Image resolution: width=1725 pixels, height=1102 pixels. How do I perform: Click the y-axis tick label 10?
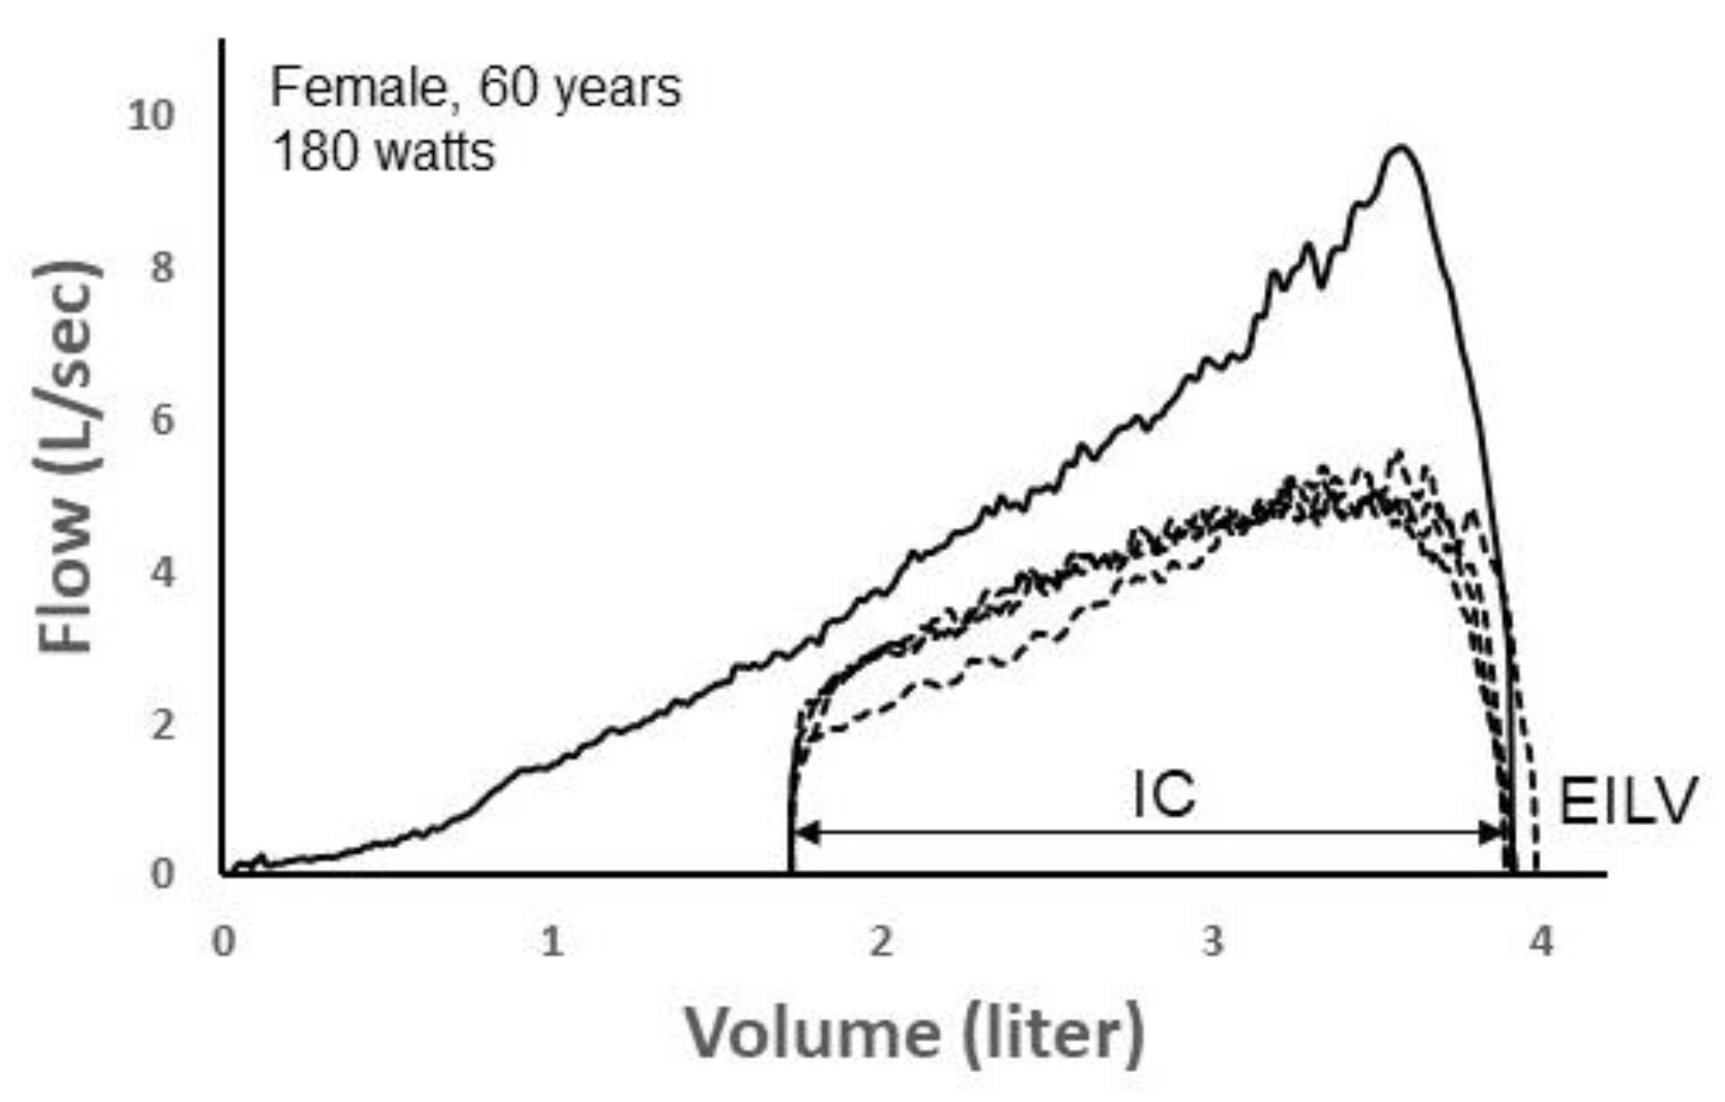tap(152, 115)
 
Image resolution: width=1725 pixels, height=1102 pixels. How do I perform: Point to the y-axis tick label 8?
tap(163, 267)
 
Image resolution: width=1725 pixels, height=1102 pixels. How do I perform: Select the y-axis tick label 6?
tap(163, 420)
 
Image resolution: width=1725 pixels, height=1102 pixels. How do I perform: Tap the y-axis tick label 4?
tap(163, 572)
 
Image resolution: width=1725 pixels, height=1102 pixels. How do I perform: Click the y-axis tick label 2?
tap(163, 724)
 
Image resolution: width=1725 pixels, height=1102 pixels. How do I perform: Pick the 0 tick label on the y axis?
tap(163, 874)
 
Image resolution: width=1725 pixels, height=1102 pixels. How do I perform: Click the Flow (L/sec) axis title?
tap(68, 458)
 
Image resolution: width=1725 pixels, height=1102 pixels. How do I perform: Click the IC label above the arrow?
tap(1164, 795)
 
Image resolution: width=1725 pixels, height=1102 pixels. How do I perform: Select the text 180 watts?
tap(383, 152)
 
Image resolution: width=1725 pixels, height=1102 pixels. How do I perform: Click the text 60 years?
tap(580, 87)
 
